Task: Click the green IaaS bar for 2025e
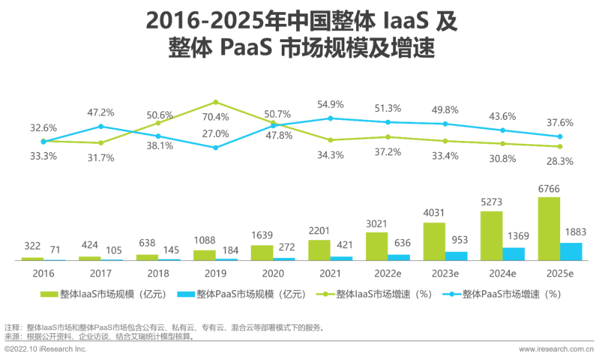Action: pyautogui.click(x=549, y=229)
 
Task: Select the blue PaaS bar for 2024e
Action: pyautogui.click(x=514, y=254)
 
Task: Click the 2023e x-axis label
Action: pyautogui.click(x=445, y=273)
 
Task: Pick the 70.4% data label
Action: pyautogui.click(x=216, y=116)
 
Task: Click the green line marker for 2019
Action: pyautogui.click(x=216, y=102)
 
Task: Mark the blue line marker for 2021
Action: pyautogui.click(x=330, y=118)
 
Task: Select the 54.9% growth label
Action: pyautogui.click(x=331, y=104)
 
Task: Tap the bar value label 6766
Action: pyautogui.click(x=549, y=190)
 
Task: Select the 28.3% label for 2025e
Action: pyautogui.click(x=560, y=161)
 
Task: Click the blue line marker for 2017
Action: pyautogui.click(x=100, y=126)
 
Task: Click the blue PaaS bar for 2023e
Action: pyautogui.click(x=456, y=256)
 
